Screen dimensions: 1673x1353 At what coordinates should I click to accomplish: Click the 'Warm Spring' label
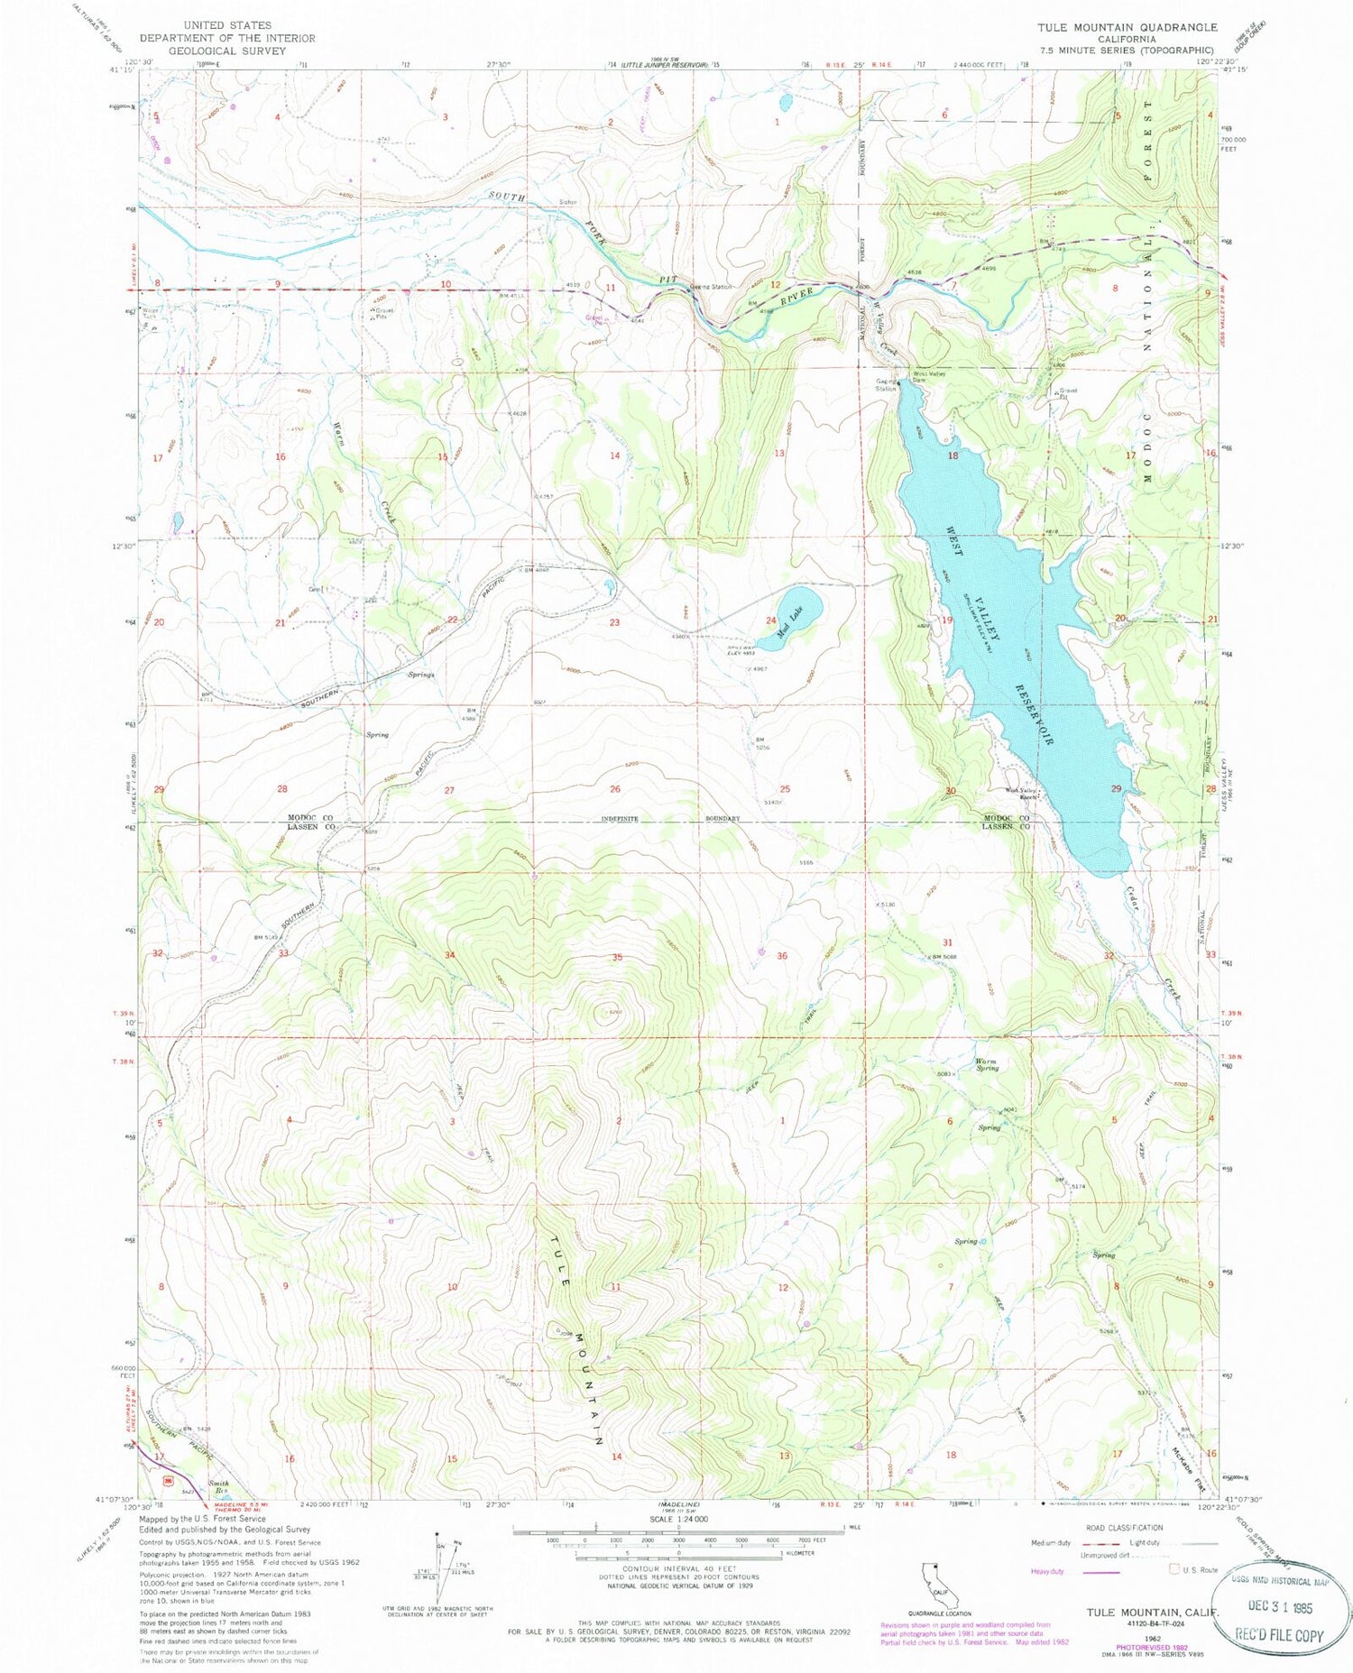988,1064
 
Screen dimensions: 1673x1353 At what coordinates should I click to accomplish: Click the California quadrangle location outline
938,1576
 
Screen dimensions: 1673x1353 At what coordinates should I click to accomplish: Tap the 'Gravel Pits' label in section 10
385,315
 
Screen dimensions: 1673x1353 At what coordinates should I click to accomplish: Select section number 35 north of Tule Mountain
617,957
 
